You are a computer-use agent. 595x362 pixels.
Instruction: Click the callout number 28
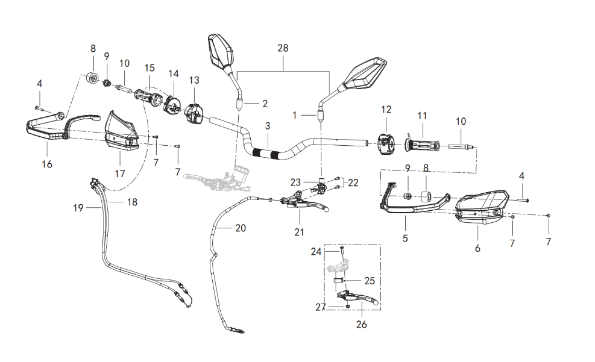[283, 47]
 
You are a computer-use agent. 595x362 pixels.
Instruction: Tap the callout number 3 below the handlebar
[267, 126]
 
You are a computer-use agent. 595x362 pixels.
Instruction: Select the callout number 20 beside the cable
[241, 228]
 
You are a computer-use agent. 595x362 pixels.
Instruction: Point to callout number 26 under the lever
[360, 325]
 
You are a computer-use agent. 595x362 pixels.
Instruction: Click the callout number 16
[47, 164]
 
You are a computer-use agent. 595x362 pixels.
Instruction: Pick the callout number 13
[194, 80]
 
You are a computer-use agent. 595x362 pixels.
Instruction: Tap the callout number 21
[300, 231]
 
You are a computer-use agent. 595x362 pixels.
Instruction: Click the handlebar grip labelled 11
[423, 145]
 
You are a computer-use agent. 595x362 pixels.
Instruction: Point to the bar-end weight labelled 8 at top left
[93, 78]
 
